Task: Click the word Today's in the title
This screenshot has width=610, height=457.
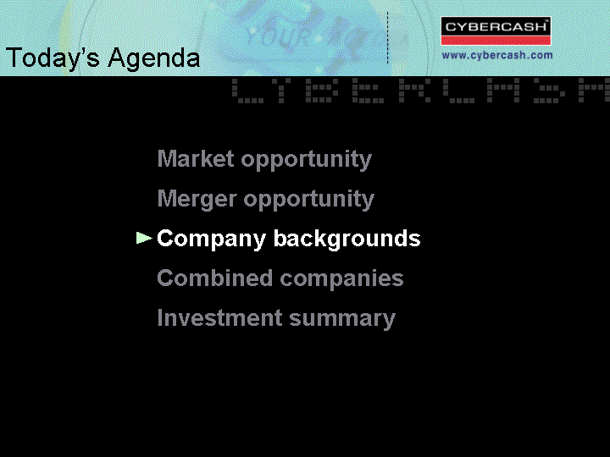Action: coord(53,58)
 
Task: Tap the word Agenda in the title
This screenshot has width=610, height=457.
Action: coord(154,58)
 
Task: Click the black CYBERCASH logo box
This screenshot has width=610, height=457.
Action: coord(496,27)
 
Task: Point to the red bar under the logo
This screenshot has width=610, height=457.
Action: coord(496,41)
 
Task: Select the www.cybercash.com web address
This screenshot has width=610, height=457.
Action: coord(497,55)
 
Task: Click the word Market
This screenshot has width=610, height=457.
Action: coord(196,158)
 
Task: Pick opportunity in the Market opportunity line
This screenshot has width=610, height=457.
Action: coord(306,160)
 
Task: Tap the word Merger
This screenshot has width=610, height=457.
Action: coord(197,200)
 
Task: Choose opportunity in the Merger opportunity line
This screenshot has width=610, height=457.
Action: coord(309,200)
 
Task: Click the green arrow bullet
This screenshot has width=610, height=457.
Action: coord(144,238)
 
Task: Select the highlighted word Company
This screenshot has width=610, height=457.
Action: coord(211,239)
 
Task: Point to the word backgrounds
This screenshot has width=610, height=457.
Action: coord(347,239)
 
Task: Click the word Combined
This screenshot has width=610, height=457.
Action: coord(214,278)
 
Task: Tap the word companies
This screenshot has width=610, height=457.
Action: coord(341,279)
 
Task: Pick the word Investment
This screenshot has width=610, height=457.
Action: coord(219,318)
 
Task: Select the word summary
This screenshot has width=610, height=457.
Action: coord(342,319)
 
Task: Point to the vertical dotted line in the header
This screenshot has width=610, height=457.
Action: coord(387,38)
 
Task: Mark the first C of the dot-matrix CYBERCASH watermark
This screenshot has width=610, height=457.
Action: coord(247,91)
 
